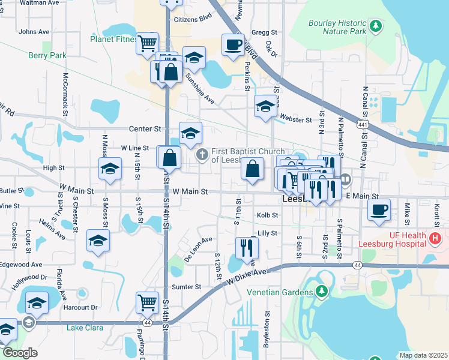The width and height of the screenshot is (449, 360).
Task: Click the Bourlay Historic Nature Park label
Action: pos(337,26)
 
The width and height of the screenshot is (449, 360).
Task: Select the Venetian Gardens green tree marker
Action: pos(322,292)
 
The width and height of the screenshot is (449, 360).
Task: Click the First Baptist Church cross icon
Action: pos(203,155)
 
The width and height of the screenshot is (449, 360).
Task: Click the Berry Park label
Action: pos(47,55)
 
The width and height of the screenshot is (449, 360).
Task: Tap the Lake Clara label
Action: pos(85,328)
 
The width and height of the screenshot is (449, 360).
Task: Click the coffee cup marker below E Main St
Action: pos(379,210)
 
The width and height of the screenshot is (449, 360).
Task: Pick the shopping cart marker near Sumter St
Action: pos(147,302)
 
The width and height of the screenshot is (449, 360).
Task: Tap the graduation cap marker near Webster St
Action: pos(265,106)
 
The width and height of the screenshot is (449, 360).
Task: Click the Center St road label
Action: pos(146,128)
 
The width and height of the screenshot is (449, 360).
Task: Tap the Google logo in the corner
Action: pos(20,353)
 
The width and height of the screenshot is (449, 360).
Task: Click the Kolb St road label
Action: pos(268,215)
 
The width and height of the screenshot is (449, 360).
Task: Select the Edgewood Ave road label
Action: pos(21,264)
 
